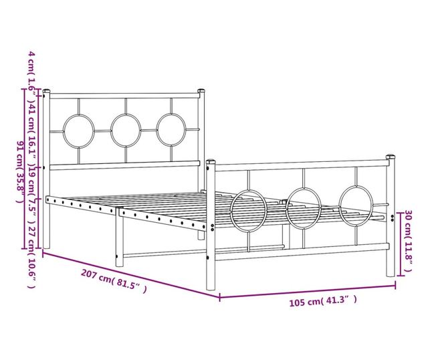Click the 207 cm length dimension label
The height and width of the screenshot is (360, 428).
coord(114,281)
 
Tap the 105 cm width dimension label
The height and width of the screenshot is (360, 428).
coord(323,301)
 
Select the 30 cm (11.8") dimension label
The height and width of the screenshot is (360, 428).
coord(409,241)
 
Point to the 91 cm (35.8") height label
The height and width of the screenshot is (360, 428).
coord(21,171)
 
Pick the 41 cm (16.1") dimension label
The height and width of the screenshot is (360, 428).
coord(31,131)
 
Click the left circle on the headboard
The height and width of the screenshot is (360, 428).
coord(64,131)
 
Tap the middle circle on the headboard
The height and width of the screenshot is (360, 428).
coord(111,130)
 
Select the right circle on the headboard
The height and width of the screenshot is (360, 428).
coord(157,130)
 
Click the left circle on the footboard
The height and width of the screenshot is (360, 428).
coord(231,211)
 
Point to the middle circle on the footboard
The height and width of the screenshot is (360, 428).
coord(286,208)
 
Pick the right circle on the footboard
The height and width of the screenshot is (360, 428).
coord(339,205)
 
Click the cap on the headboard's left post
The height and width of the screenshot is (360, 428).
coord(46,91)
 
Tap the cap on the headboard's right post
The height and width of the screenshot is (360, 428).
coord(201,90)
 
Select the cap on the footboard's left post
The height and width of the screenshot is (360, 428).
coord(211,162)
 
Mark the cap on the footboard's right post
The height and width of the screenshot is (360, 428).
coord(391,157)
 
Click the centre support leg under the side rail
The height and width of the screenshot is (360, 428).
coord(120,237)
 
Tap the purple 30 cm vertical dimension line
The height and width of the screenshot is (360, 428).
coord(400,244)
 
